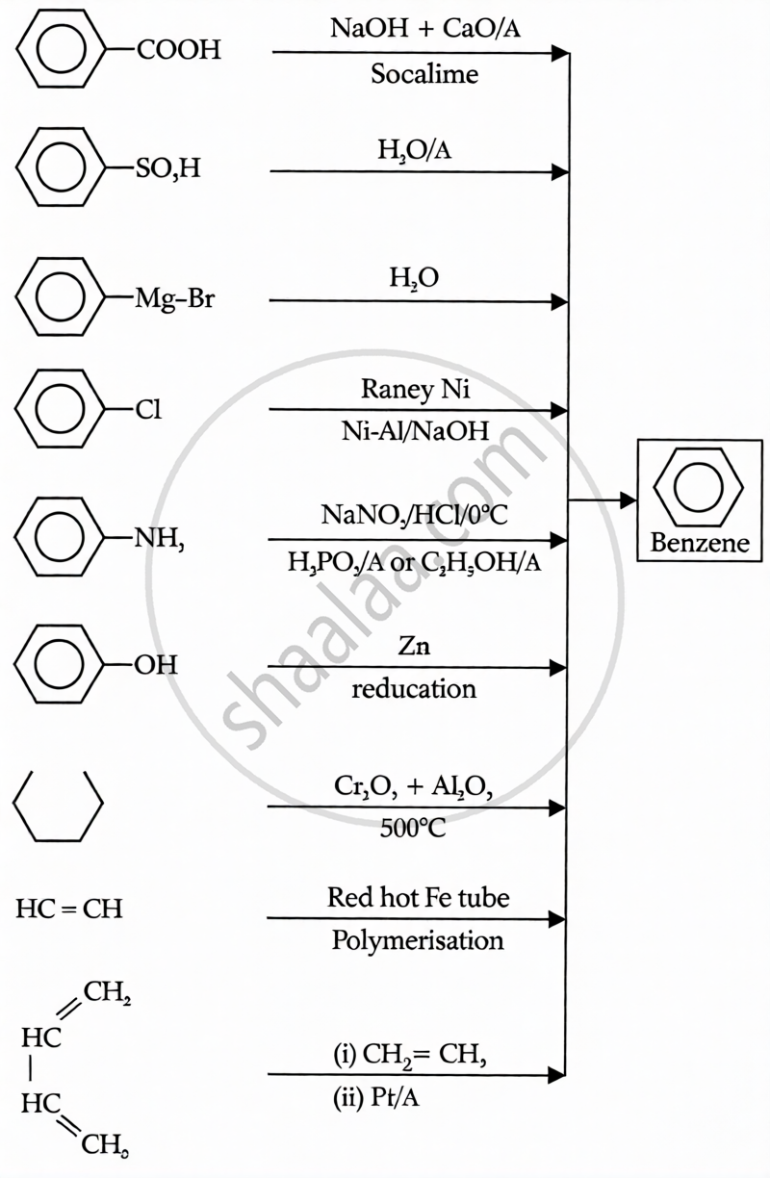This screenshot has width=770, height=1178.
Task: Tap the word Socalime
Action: [x=424, y=75]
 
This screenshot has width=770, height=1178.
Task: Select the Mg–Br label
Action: [x=175, y=299]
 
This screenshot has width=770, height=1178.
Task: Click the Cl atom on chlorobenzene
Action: [x=148, y=411]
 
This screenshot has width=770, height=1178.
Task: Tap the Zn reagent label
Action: [x=413, y=647]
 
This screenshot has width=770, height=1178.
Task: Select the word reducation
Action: [x=414, y=689]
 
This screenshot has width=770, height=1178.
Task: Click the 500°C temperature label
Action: [x=414, y=828]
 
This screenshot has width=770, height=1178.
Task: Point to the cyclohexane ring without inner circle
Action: [x=58, y=806]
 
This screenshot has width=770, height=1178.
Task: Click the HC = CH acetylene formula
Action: [x=69, y=909]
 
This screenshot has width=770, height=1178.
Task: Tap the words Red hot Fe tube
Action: [x=418, y=899]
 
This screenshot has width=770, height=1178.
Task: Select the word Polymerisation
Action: [x=418, y=940]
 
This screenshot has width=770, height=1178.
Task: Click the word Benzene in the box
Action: [x=700, y=543]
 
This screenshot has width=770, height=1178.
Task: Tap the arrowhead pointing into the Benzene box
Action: [x=628, y=500]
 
